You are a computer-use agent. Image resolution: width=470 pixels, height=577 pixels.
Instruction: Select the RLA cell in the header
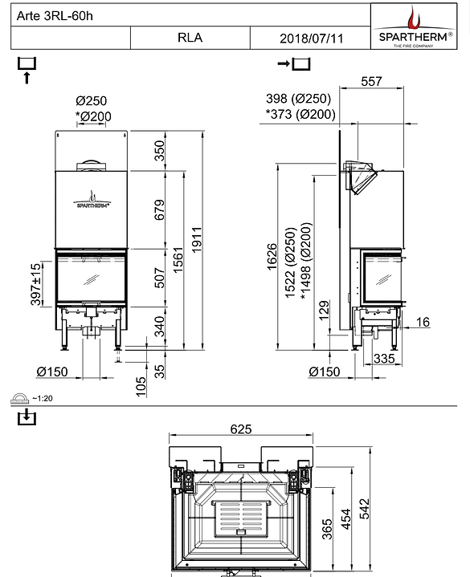(190, 38)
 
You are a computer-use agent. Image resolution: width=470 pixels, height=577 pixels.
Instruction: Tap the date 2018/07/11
(309, 38)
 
